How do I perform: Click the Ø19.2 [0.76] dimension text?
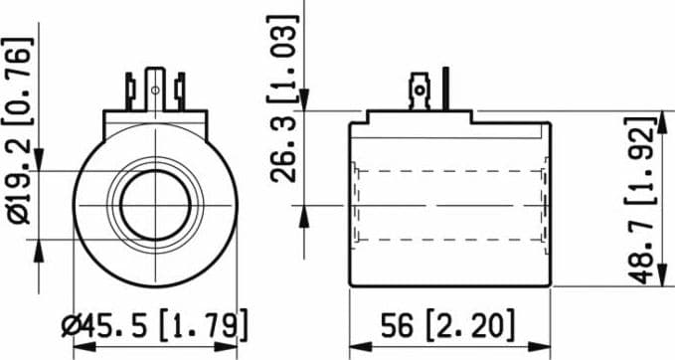tap(18, 131)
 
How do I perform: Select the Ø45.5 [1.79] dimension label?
tap(154, 326)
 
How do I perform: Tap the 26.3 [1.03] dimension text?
tap(283, 99)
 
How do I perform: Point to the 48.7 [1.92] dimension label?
tap(640, 200)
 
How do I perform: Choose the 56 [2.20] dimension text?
tap(447, 325)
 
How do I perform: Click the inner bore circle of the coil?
tap(155, 205)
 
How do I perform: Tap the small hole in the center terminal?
tap(155, 90)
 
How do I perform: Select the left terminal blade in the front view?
tap(129, 91)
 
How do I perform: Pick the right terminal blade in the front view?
tap(180, 91)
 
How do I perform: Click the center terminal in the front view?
tap(155, 90)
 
